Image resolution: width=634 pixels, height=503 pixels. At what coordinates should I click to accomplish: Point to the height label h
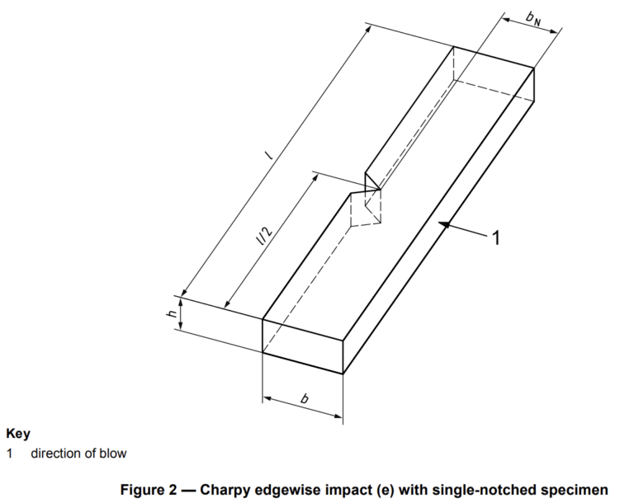click(x=168, y=314)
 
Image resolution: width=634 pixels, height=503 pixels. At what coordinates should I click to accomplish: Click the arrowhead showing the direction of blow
click(x=443, y=223)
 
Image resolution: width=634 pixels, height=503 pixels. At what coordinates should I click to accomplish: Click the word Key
click(x=17, y=433)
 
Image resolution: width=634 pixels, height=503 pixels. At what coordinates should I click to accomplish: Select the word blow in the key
click(x=114, y=453)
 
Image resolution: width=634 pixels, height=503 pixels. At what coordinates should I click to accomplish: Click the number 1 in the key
click(x=10, y=453)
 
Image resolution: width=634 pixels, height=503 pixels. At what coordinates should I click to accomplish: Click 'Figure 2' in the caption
click(x=149, y=490)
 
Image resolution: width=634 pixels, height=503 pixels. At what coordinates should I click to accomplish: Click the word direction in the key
click(x=59, y=453)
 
